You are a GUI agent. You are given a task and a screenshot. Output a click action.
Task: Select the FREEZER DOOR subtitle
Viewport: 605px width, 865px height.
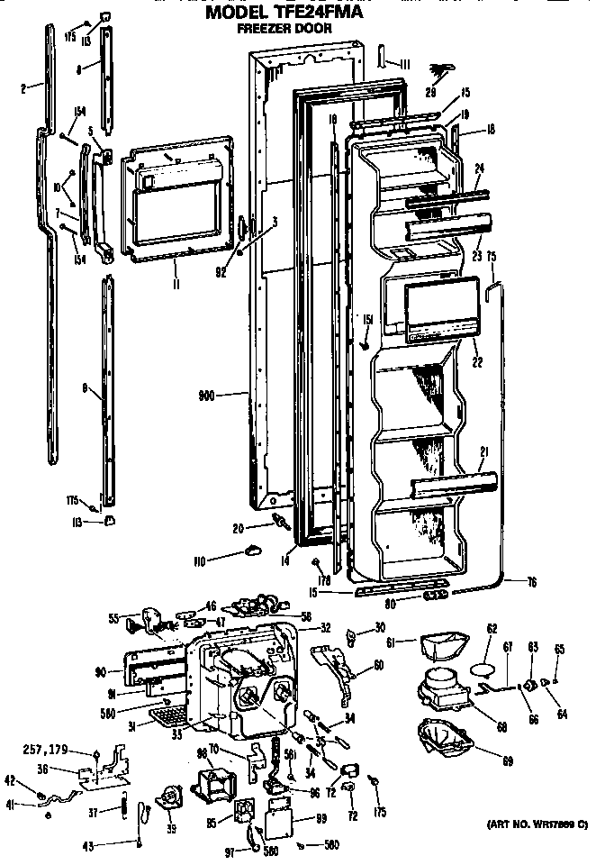284,29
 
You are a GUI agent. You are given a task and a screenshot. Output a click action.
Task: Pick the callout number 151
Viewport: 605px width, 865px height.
367,319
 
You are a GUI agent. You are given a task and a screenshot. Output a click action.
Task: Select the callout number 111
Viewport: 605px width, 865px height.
404,63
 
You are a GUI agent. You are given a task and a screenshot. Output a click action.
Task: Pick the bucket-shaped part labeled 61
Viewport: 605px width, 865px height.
441,646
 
